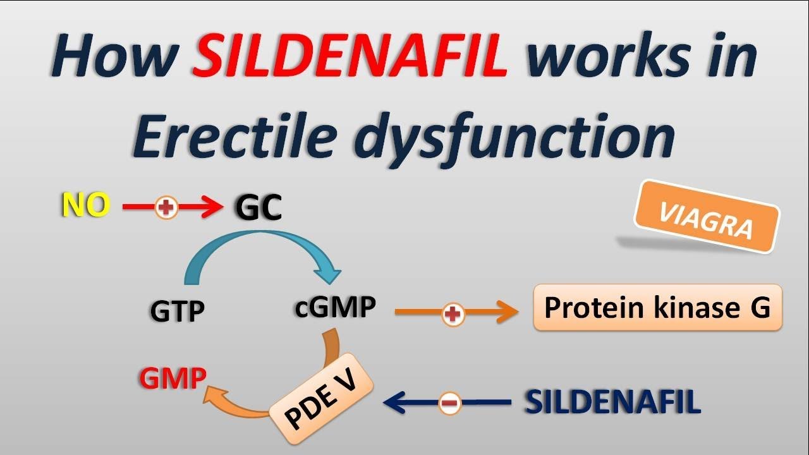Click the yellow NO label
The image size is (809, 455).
[x=85, y=206]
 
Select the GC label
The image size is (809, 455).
[x=258, y=207]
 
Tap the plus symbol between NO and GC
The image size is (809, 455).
[x=167, y=207]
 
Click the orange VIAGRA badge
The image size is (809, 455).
[x=707, y=217]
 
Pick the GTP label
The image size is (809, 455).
[x=177, y=311]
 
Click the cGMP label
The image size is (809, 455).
[x=336, y=308]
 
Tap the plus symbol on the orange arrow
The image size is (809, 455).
[x=453, y=313]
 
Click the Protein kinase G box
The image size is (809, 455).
[x=657, y=308]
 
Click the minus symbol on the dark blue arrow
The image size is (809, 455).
[x=449, y=403]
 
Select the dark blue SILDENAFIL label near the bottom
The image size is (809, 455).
[x=612, y=402]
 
